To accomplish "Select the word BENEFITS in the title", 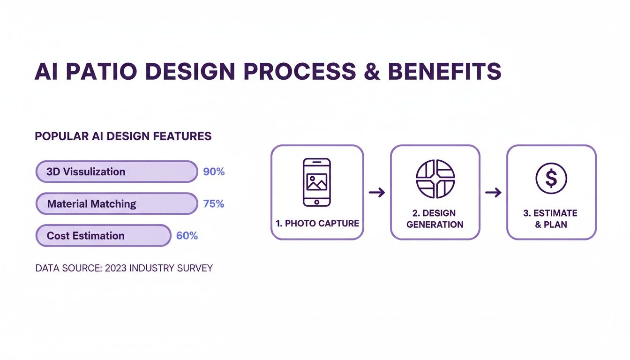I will pyautogui.click(x=444, y=72).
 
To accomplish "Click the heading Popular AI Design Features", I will pyautogui.click(x=123, y=136).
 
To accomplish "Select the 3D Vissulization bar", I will pyautogui.click(x=117, y=172).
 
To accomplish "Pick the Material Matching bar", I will pyautogui.click(x=117, y=204).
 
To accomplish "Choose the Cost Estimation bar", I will pyautogui.click(x=103, y=236).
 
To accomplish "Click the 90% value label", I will pyautogui.click(x=214, y=172).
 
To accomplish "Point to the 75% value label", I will pyautogui.click(x=214, y=204).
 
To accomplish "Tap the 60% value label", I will pyautogui.click(x=187, y=236).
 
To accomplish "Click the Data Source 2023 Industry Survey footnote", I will pyautogui.click(x=124, y=269).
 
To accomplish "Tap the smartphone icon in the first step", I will pyautogui.click(x=317, y=182).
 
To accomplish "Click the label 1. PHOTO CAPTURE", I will pyautogui.click(x=317, y=224).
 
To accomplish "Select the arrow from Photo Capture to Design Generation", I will pyautogui.click(x=377, y=192).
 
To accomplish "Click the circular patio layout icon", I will pyautogui.click(x=435, y=179).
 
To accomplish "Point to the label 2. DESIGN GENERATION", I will pyautogui.click(x=435, y=219).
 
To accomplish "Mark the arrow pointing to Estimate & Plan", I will pyautogui.click(x=493, y=192).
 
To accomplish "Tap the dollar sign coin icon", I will pyautogui.click(x=551, y=179).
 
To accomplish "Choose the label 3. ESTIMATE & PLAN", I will pyautogui.click(x=551, y=219).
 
